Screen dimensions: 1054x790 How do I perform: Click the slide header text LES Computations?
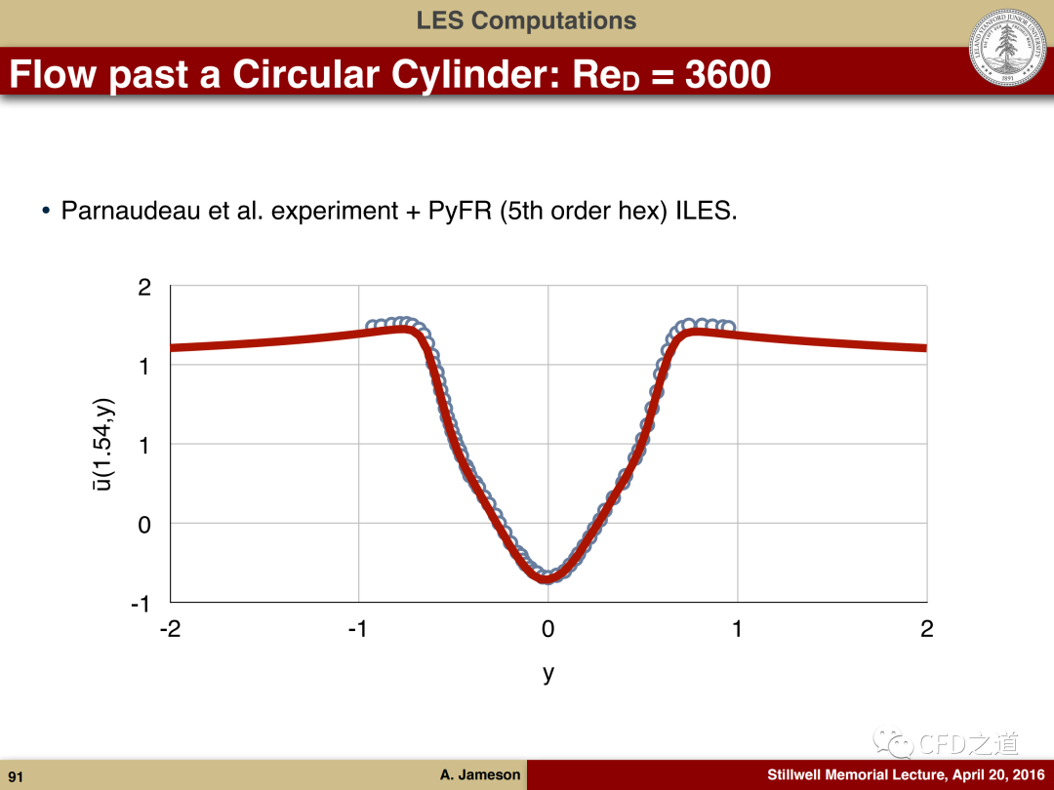526,20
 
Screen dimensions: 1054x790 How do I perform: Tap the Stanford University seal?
1007,47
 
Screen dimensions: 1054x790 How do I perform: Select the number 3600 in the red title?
728,74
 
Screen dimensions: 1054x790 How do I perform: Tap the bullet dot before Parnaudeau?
46,211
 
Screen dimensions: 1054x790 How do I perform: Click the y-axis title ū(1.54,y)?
103,444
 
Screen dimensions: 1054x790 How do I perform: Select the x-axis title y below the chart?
548,672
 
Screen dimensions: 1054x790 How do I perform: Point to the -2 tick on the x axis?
170,629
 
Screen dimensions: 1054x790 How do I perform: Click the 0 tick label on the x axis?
547,629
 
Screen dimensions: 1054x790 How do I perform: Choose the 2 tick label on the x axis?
927,629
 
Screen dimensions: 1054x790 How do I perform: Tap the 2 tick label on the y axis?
144,288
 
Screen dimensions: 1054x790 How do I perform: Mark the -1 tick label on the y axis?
140,604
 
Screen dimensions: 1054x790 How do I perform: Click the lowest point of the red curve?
547,577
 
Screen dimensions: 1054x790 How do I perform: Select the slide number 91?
16,776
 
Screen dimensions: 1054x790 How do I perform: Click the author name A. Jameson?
480,774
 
